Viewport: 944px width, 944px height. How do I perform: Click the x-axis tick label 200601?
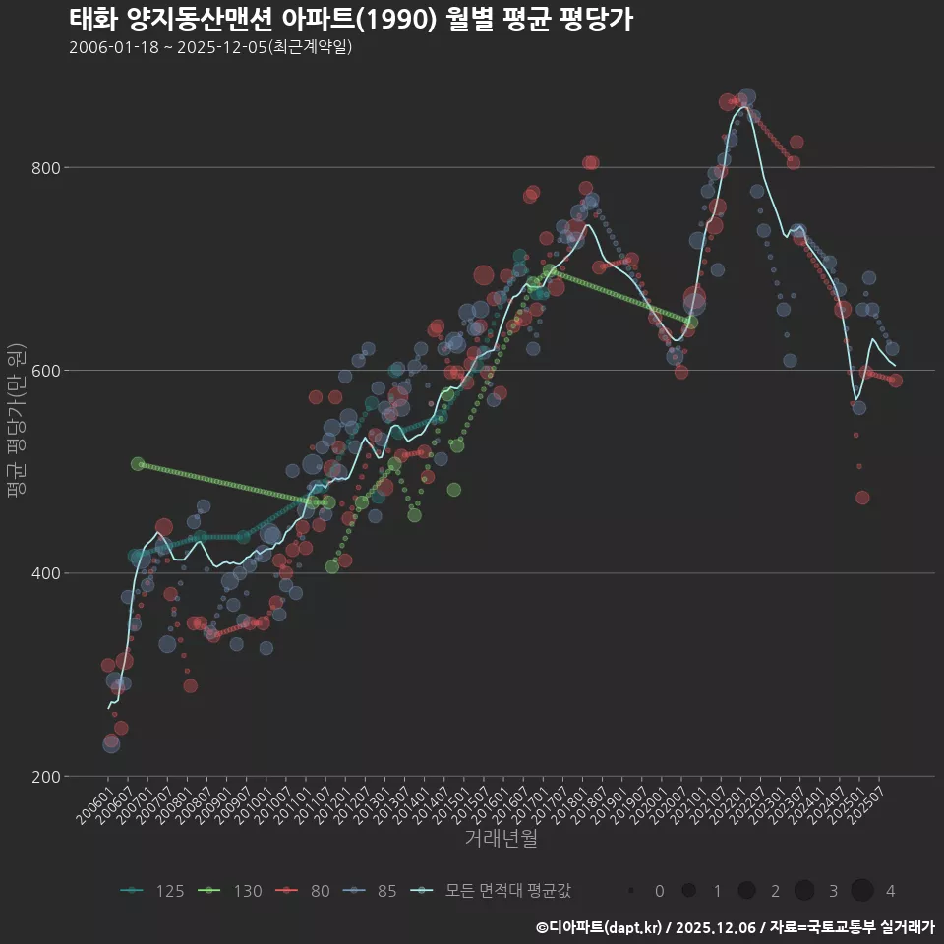pyautogui.click(x=94, y=804)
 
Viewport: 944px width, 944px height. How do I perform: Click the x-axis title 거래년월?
pyautogui.click(x=501, y=839)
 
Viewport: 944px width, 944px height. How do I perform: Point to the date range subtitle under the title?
pyautogui.click(x=210, y=47)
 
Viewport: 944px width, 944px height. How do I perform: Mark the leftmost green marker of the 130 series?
pyautogui.click(x=138, y=464)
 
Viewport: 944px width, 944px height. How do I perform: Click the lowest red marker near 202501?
pyautogui.click(x=862, y=498)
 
